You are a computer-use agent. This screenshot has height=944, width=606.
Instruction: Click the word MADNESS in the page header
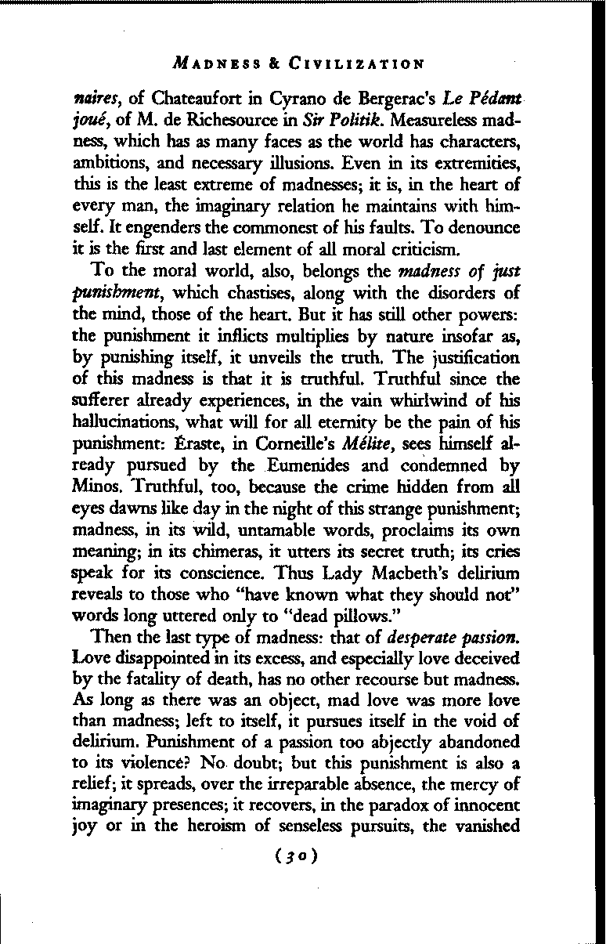pyautogui.click(x=218, y=63)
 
